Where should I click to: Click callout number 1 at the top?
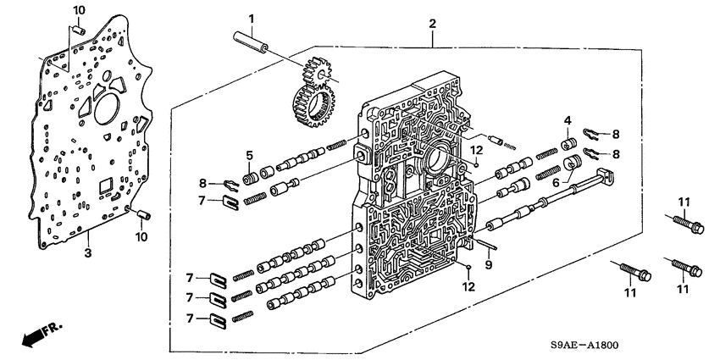pyautogui.click(x=251, y=18)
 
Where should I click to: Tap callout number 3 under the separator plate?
pyautogui.click(x=87, y=253)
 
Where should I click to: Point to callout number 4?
pyautogui.click(x=568, y=119)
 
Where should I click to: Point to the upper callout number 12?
pyautogui.click(x=478, y=150)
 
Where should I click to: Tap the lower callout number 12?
pyautogui.click(x=468, y=287)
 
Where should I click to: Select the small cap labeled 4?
pyautogui.click(x=569, y=141)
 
